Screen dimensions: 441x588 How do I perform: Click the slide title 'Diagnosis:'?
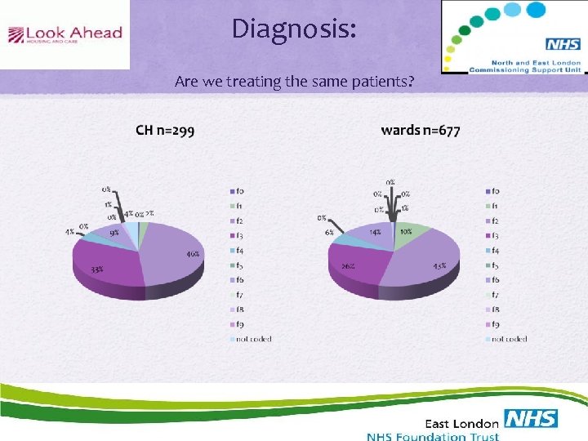tap(294, 29)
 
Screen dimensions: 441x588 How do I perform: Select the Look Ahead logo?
tap(65, 34)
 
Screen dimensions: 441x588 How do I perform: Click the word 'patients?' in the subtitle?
tap(382, 82)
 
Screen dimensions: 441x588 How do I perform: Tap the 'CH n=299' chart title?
tap(165, 130)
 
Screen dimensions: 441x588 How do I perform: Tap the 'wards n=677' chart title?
tap(420, 130)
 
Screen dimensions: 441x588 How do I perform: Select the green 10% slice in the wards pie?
tap(411, 231)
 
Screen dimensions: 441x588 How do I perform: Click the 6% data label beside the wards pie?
tap(329, 232)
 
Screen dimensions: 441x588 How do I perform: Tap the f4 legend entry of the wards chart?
tap(495, 250)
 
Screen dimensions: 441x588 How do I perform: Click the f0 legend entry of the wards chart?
tap(495, 191)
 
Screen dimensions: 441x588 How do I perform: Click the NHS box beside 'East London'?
tap(530, 420)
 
